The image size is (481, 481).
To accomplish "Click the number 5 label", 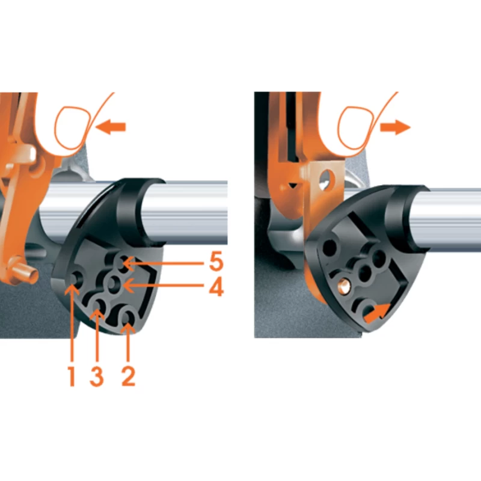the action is tap(216, 262).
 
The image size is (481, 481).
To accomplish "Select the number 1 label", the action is tap(72, 376).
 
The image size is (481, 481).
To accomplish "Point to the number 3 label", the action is tap(97, 376).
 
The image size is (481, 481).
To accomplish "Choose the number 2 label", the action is tap(128, 376).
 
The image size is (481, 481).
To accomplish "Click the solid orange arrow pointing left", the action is tap(111, 127).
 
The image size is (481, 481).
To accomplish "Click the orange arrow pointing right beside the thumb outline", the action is tap(395, 127).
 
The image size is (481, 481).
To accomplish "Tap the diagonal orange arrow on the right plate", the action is tap(378, 313).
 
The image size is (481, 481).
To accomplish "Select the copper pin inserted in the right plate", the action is tap(343, 285).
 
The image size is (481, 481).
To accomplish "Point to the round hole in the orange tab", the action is tap(325, 178).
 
